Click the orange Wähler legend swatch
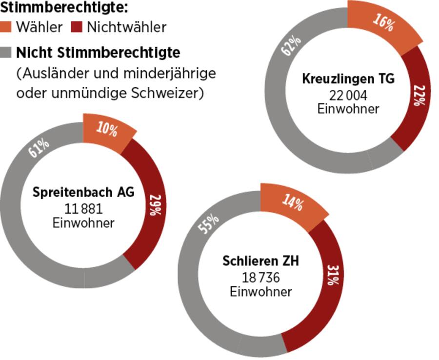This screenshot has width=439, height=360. click(x=6, y=27)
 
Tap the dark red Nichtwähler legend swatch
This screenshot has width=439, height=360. click(x=77, y=27)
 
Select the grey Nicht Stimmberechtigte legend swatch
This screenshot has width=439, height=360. click(x=6, y=52)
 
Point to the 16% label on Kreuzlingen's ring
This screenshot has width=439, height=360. click(x=383, y=22)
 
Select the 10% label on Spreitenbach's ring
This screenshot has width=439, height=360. click(x=107, y=130)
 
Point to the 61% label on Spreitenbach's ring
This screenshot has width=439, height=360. click(x=39, y=148)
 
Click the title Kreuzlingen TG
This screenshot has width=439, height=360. click(x=348, y=79)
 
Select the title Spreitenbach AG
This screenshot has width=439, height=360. click(x=83, y=192)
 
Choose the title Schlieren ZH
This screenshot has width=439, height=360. click(x=260, y=261)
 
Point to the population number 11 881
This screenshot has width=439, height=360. click(x=83, y=209)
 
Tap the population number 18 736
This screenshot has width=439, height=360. click(x=260, y=278)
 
